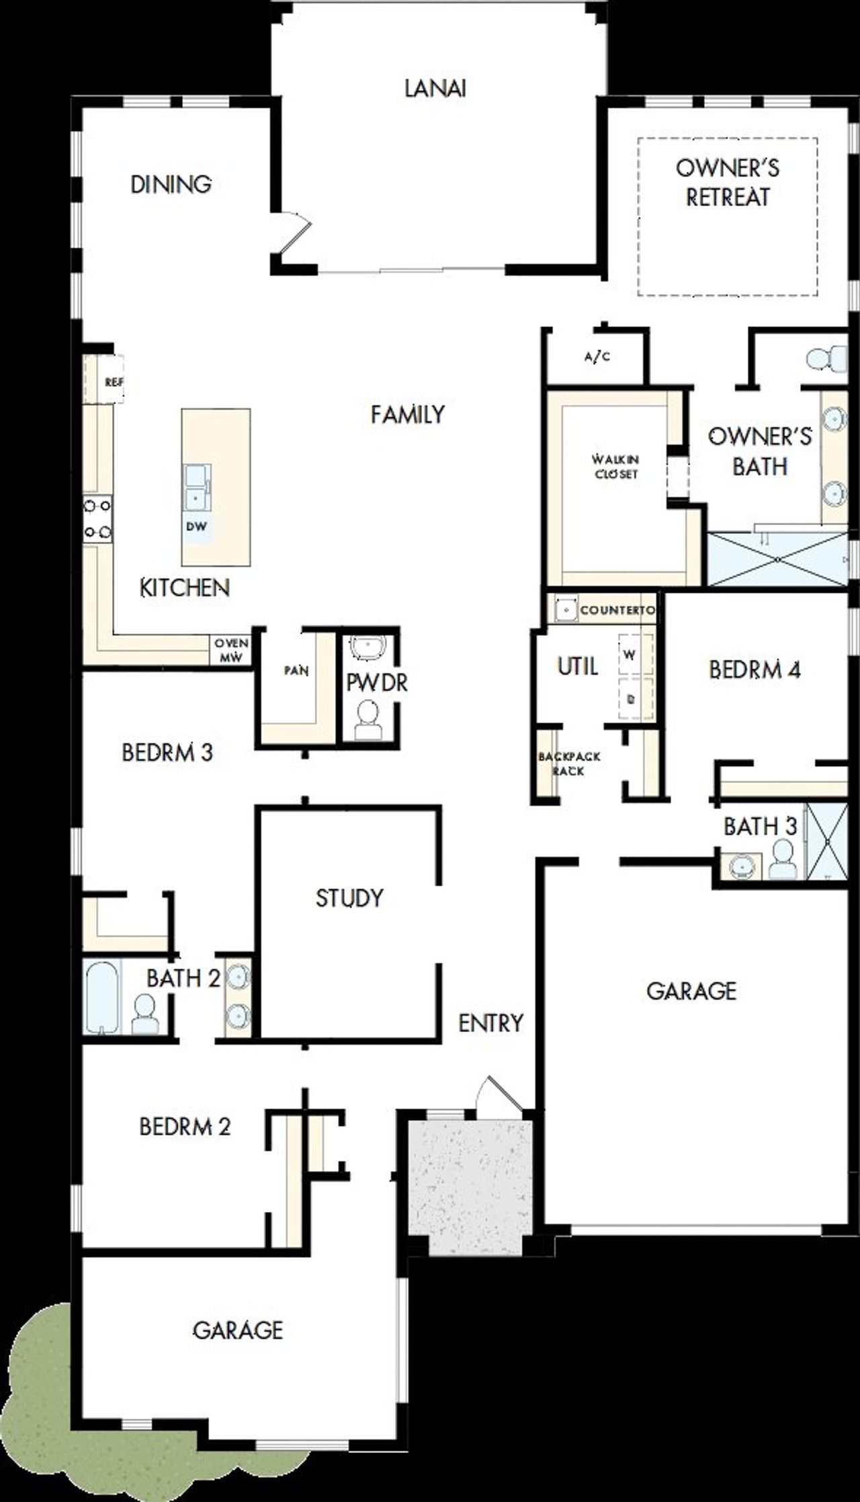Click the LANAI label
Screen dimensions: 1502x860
pyautogui.click(x=435, y=89)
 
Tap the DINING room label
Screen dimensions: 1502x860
pyautogui.click(x=171, y=184)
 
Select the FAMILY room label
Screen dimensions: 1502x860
pyautogui.click(x=407, y=414)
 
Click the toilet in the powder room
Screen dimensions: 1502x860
pyautogui.click(x=368, y=720)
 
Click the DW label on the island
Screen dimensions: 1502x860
pyautogui.click(x=196, y=526)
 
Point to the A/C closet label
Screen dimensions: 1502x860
pyautogui.click(x=597, y=357)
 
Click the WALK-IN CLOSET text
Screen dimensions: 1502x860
pyautogui.click(x=615, y=467)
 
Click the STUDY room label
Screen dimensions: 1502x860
pyautogui.click(x=349, y=898)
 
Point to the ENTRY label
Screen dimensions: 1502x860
pyautogui.click(x=490, y=1023)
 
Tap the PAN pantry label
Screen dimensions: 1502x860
pyautogui.click(x=296, y=671)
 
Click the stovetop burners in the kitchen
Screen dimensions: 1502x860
pyautogui.click(x=97, y=518)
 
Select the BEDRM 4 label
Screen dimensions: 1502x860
pyautogui.click(x=755, y=669)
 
